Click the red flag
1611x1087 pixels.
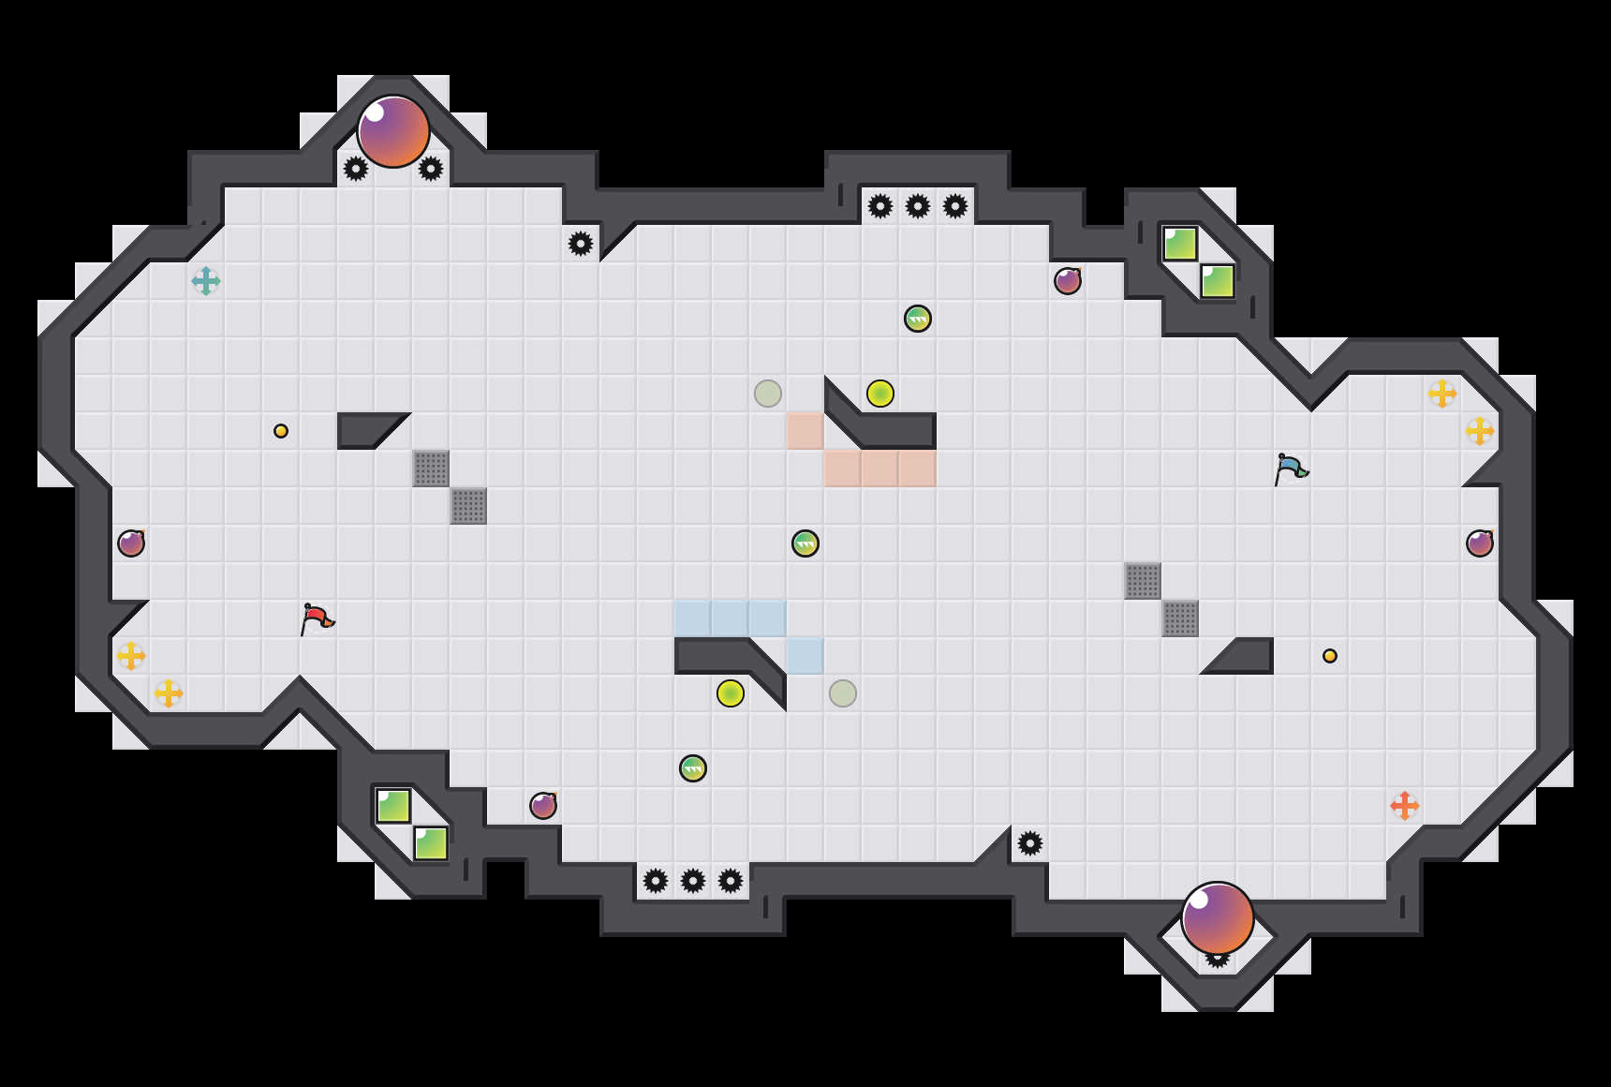[x=317, y=618]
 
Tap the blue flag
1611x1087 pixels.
[x=1291, y=468]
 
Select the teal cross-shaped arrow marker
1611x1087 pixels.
[x=206, y=280]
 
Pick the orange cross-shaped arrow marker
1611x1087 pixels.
[x=1404, y=805]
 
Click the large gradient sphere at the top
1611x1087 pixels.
[x=393, y=131]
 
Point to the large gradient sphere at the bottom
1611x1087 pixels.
[x=1217, y=917]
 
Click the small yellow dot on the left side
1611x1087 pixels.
[x=281, y=431]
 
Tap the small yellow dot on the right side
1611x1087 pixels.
[x=1330, y=656]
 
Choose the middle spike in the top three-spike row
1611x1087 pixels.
[x=918, y=206]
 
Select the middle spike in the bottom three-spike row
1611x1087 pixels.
[x=693, y=881]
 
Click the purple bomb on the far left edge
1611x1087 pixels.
[x=131, y=543]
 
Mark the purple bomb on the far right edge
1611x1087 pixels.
[x=1480, y=543]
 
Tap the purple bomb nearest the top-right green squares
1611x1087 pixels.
[x=1068, y=281]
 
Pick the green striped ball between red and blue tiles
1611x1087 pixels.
[x=805, y=543]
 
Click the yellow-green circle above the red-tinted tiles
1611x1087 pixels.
[x=880, y=394]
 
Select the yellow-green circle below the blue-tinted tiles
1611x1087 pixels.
[x=731, y=693]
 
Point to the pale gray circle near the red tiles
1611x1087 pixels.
[x=768, y=394]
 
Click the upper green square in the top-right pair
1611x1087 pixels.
[x=1180, y=244]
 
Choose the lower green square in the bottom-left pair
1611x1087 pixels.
[x=431, y=843]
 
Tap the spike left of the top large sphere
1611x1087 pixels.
[x=356, y=169]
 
